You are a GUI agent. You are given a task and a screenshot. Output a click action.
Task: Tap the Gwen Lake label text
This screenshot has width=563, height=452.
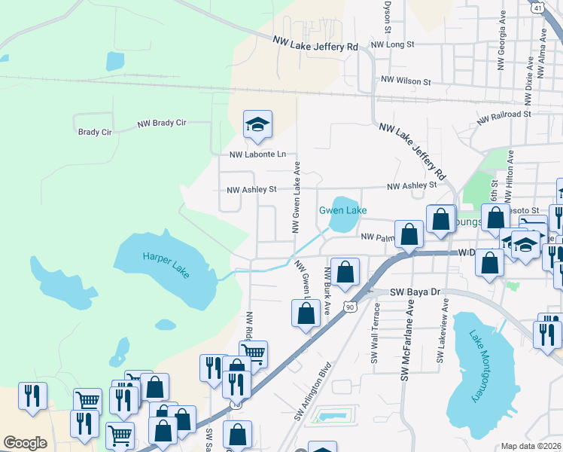tap(342, 210)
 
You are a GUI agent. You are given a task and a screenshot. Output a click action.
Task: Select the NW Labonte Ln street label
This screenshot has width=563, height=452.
tap(258, 154)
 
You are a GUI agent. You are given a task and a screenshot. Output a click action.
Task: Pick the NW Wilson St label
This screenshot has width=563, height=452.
tap(406, 80)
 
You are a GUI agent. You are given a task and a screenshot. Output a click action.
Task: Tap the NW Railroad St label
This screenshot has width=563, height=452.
tap(504, 115)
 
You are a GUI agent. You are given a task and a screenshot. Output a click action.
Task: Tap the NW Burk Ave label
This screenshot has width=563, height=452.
tap(327, 290)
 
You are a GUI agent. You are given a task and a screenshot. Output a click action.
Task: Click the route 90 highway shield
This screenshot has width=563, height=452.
tap(348, 306)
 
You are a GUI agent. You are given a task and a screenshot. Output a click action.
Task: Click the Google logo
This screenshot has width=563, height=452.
tap(25, 443)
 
